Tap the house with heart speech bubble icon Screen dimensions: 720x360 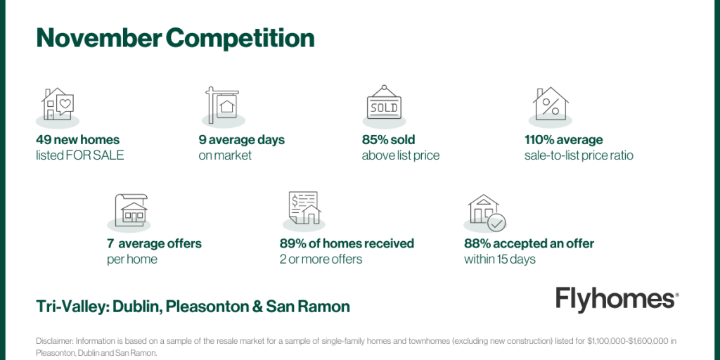coord(58,105)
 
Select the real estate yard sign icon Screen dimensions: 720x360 coord(222,105)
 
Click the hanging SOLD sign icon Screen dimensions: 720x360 coord(384,103)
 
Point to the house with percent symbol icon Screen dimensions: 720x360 coord(550,104)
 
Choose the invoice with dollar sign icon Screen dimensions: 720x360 coord(304,207)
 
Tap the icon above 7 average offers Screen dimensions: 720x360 coord(131,209)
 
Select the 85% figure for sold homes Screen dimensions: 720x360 coord(374,140)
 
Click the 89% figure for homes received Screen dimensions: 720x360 coord(292,243)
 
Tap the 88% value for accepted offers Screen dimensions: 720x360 coord(476,243)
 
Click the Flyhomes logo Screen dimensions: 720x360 coord(617,300)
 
